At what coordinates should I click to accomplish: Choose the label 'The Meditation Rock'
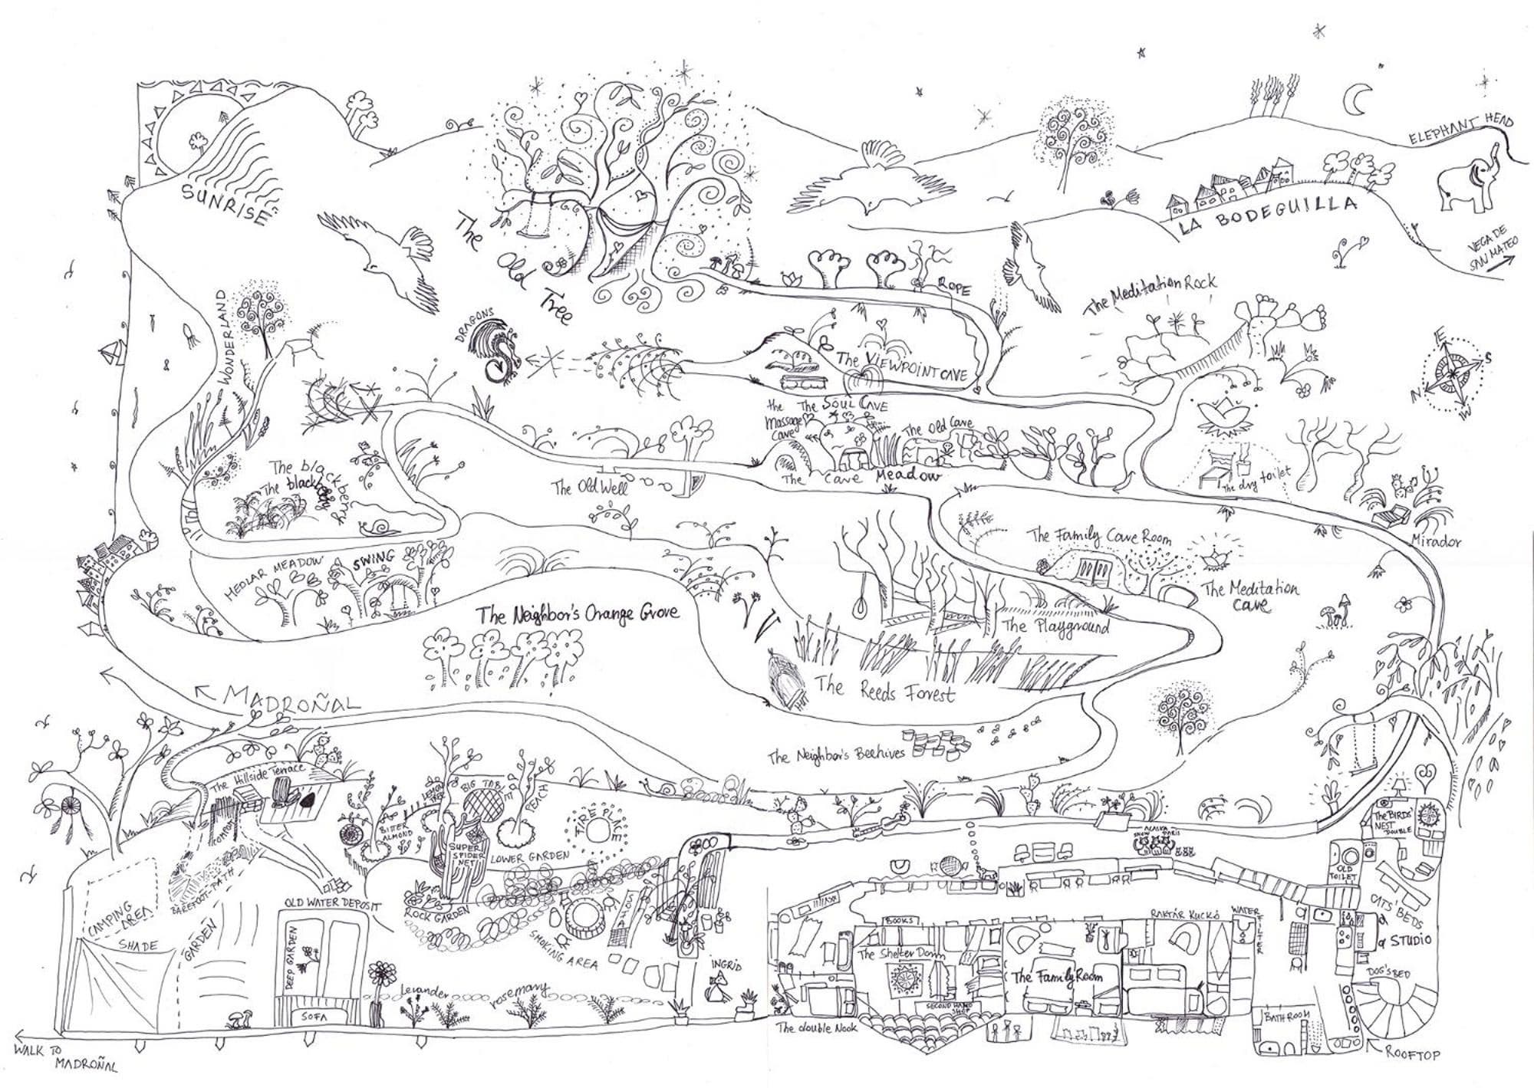1150,292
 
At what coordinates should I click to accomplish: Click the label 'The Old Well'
591,486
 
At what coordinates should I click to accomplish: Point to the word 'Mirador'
1436,541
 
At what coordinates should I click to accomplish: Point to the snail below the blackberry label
381,526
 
